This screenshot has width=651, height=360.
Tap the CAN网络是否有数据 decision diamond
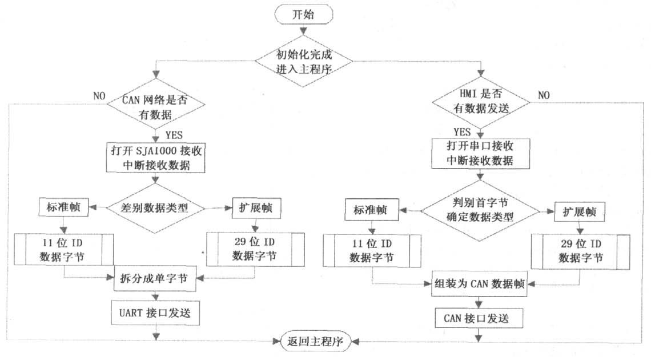pyautogui.click(x=154, y=106)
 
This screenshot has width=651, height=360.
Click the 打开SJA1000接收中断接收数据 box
pyautogui.click(x=155, y=159)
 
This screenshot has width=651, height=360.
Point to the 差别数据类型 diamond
pyautogui.click(x=155, y=208)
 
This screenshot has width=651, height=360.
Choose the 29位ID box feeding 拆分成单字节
pyautogui.click(x=254, y=249)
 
